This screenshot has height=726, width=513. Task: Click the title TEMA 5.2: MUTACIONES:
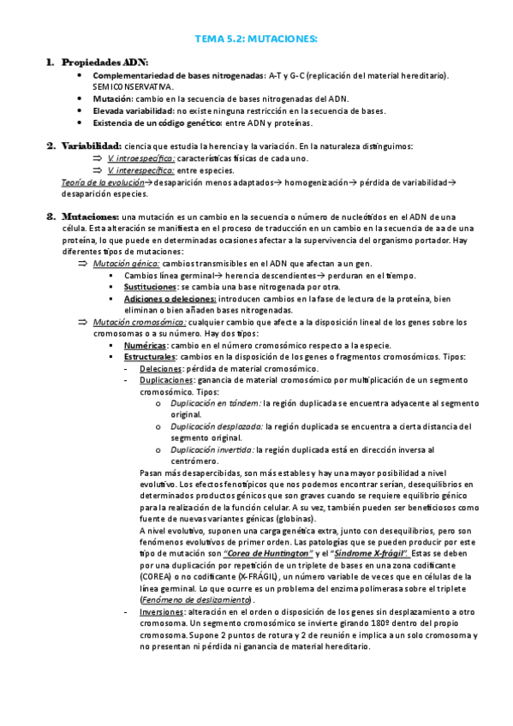point(256,39)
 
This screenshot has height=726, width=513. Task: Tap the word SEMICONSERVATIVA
point(133,86)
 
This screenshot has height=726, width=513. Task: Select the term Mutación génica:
point(127,265)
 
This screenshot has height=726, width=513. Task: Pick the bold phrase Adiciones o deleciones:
point(170,300)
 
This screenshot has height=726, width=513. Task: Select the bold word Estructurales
point(150,355)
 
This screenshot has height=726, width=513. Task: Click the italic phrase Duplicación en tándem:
point(216,402)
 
